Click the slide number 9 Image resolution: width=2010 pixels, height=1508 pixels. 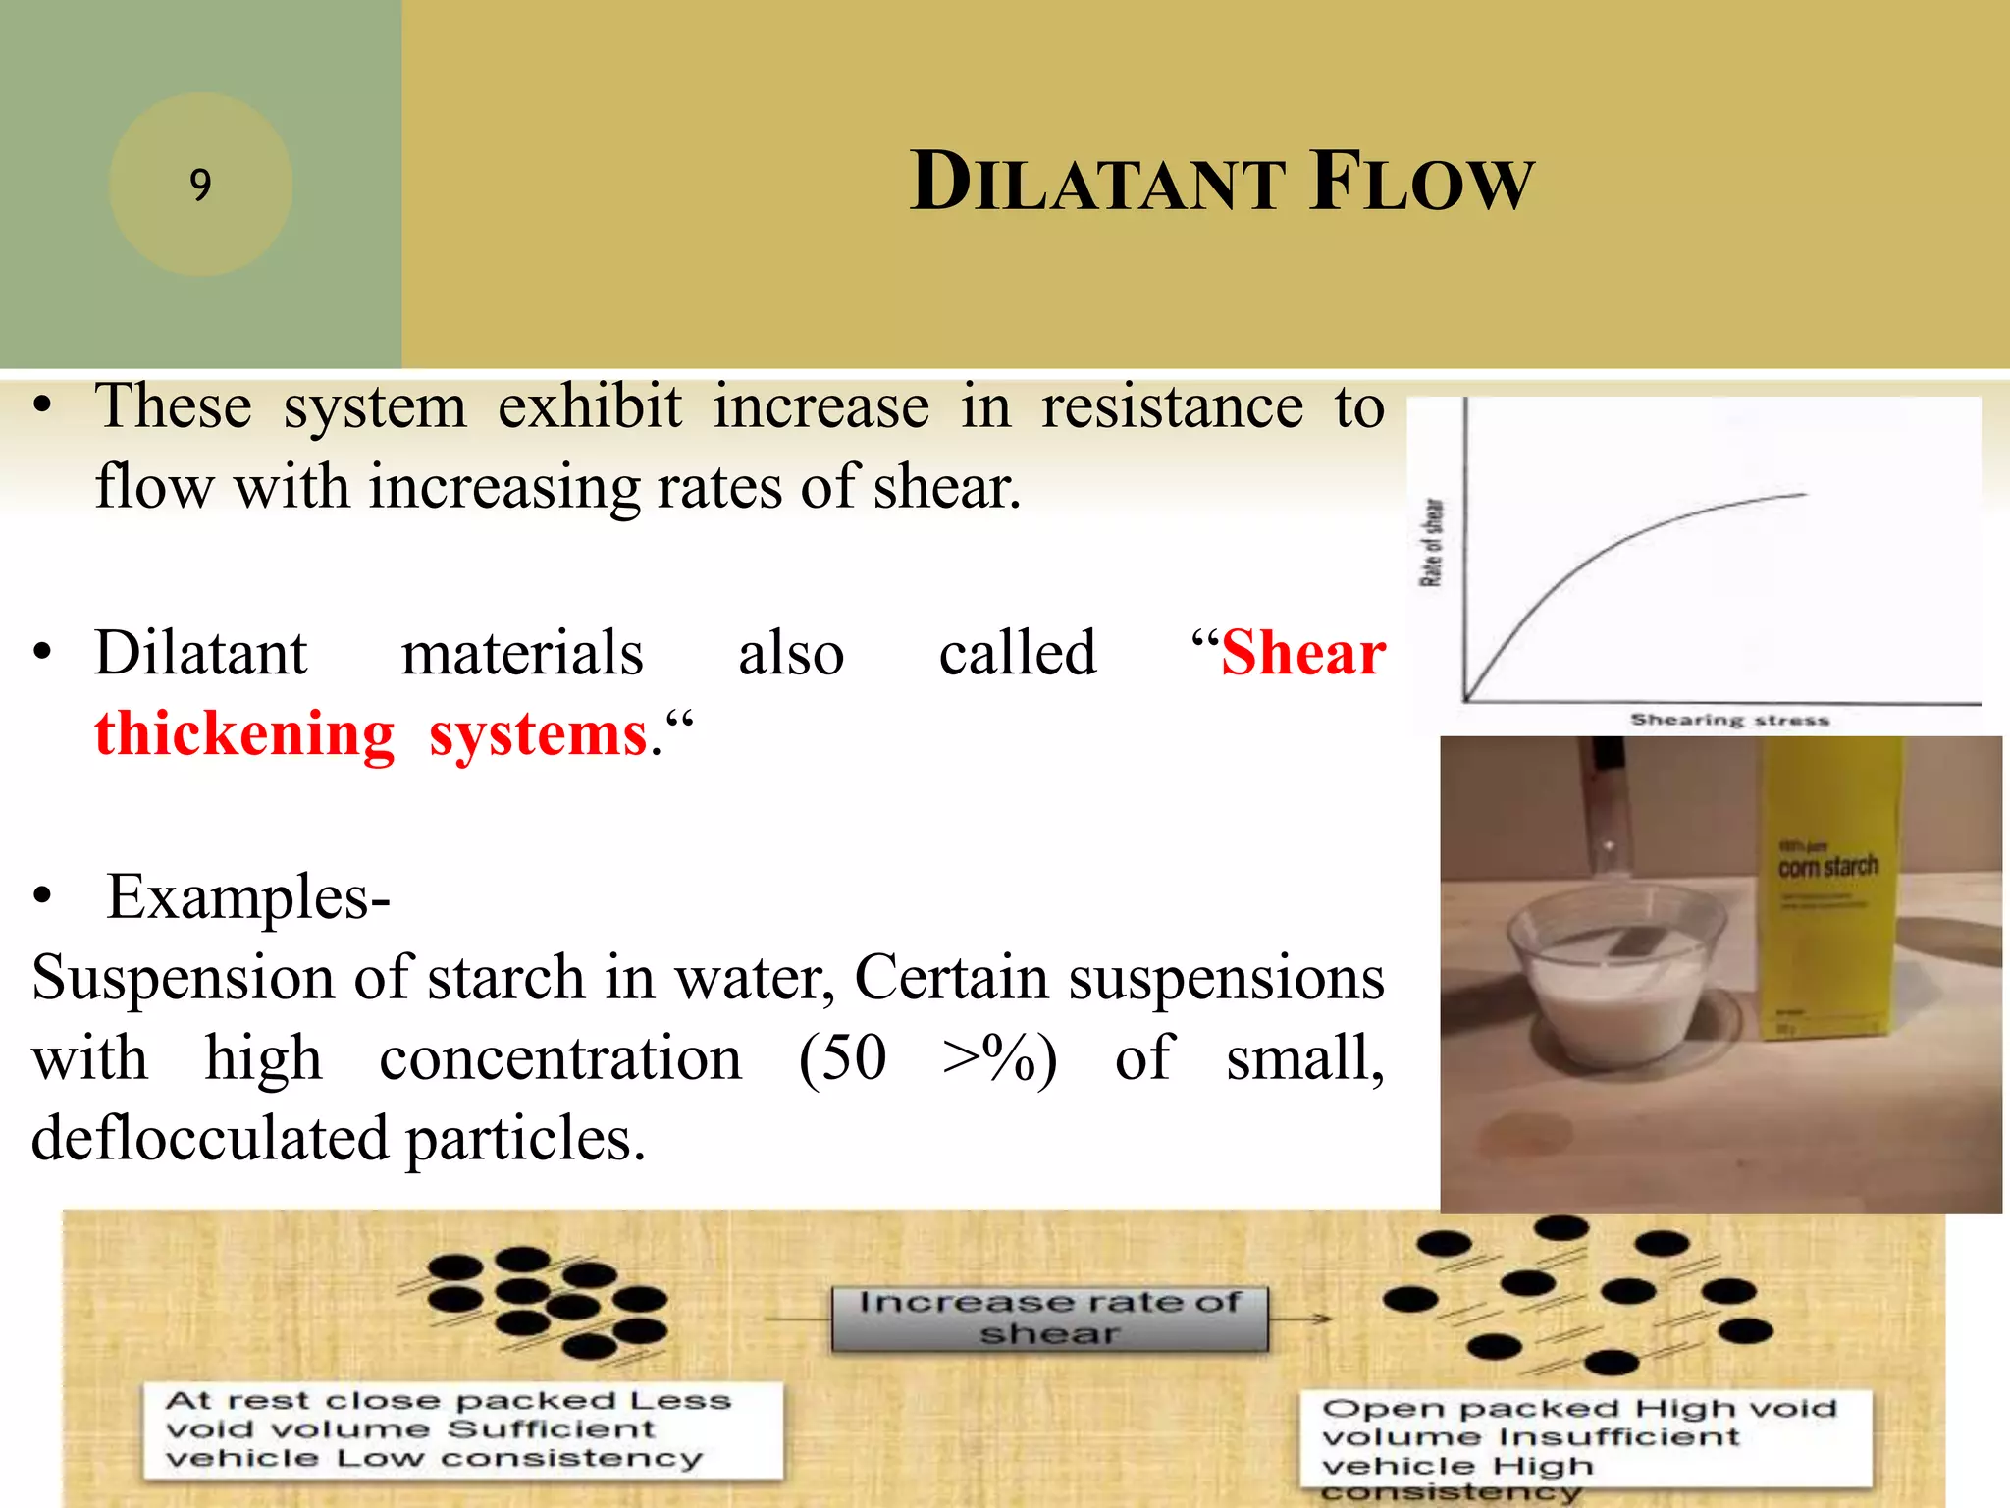tap(200, 185)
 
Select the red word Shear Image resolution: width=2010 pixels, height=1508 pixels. tap(1302, 654)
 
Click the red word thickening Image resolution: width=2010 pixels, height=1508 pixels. tap(244, 734)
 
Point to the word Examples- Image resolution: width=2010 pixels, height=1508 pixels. tap(247, 897)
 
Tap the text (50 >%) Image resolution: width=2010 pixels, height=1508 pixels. tap(927, 1059)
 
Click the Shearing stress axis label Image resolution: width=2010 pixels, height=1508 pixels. tap(1729, 720)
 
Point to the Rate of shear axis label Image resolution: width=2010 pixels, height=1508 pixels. tap(1432, 543)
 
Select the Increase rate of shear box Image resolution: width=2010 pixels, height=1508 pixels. tap(1049, 1319)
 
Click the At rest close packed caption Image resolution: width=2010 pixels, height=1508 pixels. tap(461, 1428)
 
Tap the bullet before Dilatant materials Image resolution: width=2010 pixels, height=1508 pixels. tap(41, 654)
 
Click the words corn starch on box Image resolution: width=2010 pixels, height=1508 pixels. tap(1827, 867)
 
